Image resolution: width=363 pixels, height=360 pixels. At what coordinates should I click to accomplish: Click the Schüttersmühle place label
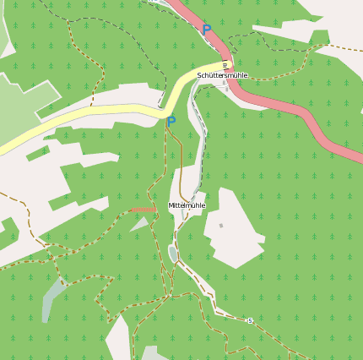[222, 75]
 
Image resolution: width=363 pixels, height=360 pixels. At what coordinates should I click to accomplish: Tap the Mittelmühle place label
[187, 205]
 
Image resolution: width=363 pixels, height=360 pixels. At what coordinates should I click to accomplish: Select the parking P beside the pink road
[206, 30]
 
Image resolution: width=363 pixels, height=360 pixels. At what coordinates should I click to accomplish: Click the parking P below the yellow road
[171, 122]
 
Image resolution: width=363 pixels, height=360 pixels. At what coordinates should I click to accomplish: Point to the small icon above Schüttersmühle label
[225, 65]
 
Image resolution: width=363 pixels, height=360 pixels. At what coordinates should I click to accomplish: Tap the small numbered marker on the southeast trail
[250, 320]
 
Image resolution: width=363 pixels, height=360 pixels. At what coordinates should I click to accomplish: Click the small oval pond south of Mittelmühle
[173, 254]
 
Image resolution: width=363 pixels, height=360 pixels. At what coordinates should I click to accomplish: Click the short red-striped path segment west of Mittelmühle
[144, 209]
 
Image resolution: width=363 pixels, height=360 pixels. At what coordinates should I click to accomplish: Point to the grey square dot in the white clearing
[221, 226]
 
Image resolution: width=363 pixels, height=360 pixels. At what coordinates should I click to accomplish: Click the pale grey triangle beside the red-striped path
[140, 225]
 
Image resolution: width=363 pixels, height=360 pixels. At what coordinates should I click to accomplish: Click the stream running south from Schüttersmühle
[201, 135]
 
